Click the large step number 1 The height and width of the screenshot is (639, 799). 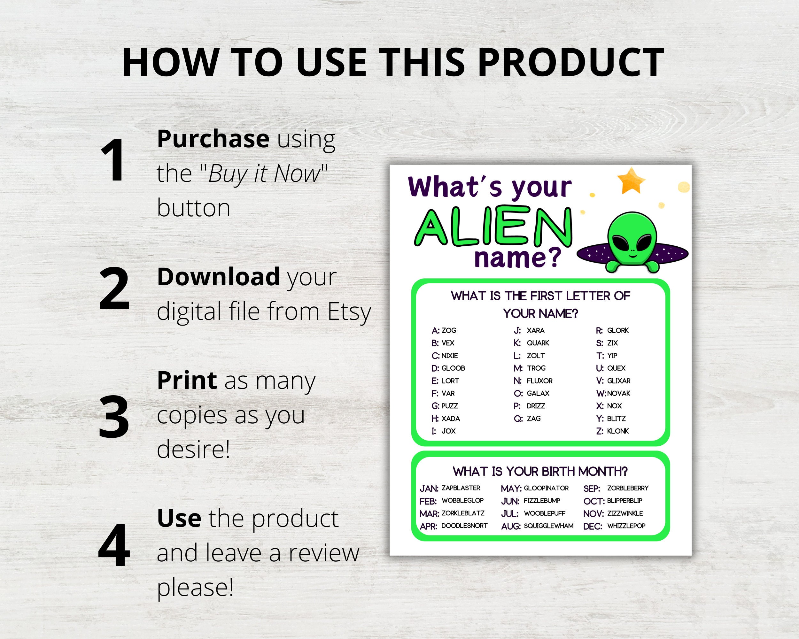click(x=113, y=160)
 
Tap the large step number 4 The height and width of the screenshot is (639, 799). click(x=114, y=545)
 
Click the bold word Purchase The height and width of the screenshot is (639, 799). click(x=213, y=139)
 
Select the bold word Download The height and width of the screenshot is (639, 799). click(x=218, y=277)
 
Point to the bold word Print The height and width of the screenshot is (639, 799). click(x=187, y=381)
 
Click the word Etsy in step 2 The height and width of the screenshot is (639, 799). click(x=349, y=312)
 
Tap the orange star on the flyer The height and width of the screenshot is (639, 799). click(x=631, y=181)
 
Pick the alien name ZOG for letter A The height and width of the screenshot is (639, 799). click(x=449, y=330)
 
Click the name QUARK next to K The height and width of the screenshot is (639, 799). click(x=538, y=343)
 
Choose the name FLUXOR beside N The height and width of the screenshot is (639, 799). click(x=539, y=381)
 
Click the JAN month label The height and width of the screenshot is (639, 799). click(x=429, y=489)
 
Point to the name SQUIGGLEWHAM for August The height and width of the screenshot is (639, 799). click(x=548, y=526)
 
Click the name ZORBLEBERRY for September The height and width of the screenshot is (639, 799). click(x=628, y=488)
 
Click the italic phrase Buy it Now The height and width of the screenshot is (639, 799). click(x=264, y=173)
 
